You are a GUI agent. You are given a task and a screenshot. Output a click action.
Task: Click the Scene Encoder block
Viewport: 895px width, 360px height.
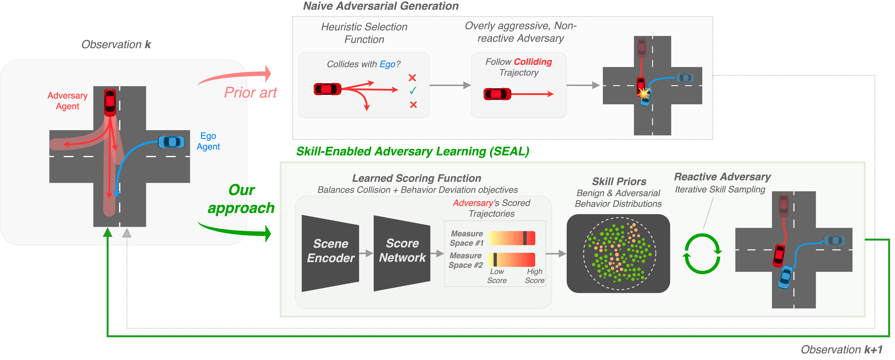[x=330, y=253]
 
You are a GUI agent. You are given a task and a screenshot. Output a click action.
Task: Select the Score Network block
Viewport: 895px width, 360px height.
[x=402, y=253]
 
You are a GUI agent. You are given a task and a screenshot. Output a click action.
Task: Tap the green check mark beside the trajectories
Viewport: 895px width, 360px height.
[x=413, y=91]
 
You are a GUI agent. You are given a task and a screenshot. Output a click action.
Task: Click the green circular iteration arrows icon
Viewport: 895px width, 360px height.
[x=702, y=254]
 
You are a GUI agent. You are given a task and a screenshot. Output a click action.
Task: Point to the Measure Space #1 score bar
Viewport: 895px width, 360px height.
[x=512, y=238]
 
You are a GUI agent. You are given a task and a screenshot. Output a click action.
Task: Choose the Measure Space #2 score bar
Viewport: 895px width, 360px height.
[x=512, y=260]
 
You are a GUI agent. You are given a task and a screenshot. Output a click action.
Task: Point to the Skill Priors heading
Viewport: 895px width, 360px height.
[x=619, y=181]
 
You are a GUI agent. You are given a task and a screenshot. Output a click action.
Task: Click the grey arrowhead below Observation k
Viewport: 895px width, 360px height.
[x=127, y=233]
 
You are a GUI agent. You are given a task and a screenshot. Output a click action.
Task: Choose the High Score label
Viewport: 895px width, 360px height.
[x=534, y=276]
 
